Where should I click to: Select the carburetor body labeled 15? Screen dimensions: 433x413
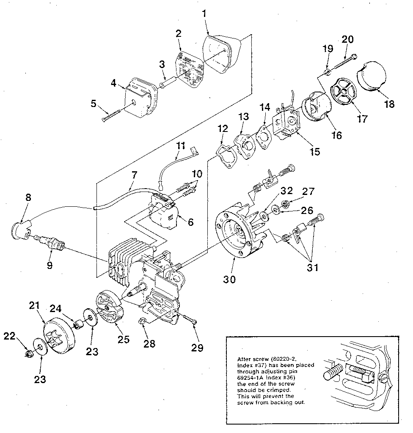click(x=286, y=121)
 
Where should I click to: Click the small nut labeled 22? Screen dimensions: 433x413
click(x=29, y=354)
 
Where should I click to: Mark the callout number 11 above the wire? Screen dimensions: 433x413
click(x=181, y=146)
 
